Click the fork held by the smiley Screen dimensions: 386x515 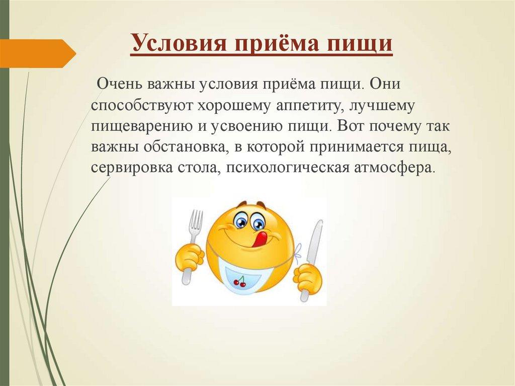[195, 224]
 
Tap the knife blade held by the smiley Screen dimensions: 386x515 [316, 242]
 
